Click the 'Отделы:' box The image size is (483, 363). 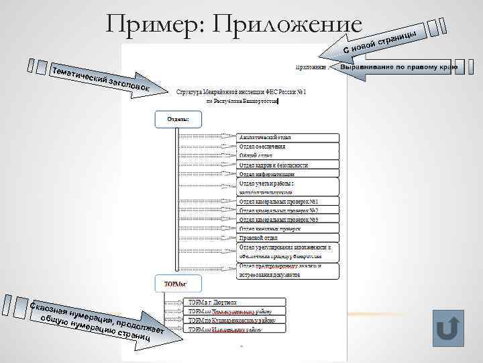click(x=178, y=120)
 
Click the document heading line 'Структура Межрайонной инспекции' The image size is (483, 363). click(x=241, y=91)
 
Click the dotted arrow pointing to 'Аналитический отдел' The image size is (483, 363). click(x=209, y=137)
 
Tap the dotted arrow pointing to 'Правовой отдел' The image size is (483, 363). click(x=209, y=238)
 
